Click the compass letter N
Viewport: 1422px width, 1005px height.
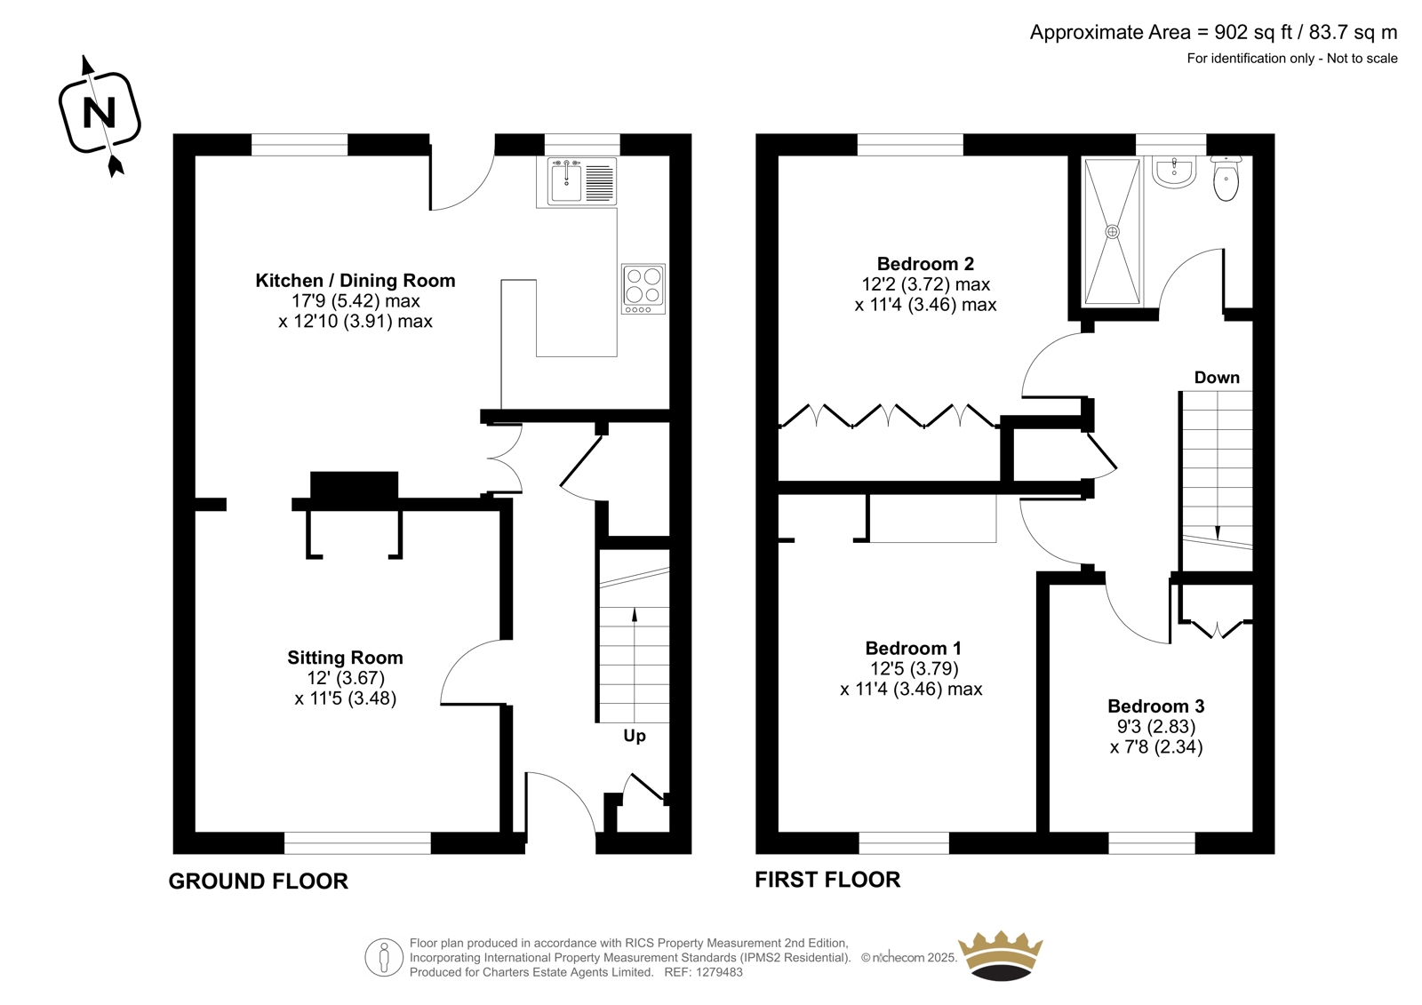(x=99, y=114)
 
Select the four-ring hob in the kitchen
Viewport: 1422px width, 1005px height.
(x=643, y=289)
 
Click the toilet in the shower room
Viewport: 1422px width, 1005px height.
(x=1226, y=179)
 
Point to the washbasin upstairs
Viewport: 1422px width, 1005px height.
(x=1174, y=172)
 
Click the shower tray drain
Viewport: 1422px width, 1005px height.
(x=1112, y=232)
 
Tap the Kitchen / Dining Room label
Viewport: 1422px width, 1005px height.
(x=355, y=281)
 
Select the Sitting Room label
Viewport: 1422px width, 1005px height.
(x=345, y=657)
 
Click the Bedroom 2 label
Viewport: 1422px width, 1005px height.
(x=925, y=264)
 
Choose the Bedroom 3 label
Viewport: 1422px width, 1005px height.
(x=1156, y=706)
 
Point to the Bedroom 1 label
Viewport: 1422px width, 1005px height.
(x=913, y=648)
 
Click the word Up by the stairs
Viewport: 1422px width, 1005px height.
(x=635, y=737)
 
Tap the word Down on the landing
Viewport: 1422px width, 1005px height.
(x=1217, y=378)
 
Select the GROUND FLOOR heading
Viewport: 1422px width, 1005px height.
(x=259, y=881)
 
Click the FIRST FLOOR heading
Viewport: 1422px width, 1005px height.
(x=827, y=880)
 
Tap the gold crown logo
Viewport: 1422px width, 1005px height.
(x=1001, y=955)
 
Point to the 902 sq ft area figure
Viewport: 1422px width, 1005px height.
(x=1253, y=32)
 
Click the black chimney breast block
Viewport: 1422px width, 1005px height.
(x=355, y=486)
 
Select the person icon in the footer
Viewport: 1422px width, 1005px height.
(x=383, y=957)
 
